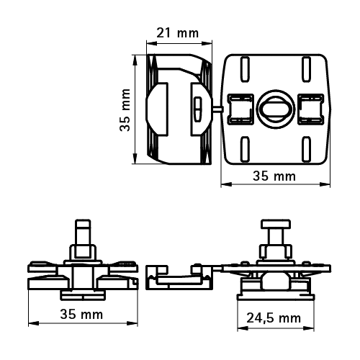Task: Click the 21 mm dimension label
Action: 178,33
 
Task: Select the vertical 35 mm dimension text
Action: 125,110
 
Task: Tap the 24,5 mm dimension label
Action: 274,318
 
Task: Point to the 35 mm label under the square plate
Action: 274,176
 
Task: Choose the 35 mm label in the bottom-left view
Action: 81,314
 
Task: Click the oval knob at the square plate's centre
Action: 275,109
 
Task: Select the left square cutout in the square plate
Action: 240,109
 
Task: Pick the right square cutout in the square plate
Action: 310,109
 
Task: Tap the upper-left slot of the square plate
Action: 245,69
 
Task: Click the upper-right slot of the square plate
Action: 306,69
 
